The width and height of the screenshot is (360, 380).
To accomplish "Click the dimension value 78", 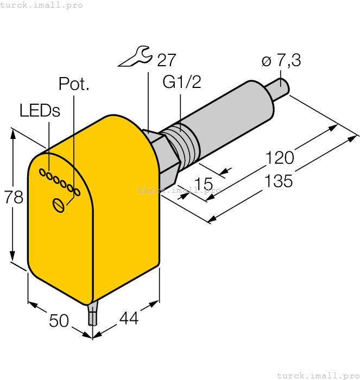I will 14,198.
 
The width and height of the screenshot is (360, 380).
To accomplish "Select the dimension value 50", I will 59,321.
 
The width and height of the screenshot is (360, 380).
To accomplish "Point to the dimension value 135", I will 279,181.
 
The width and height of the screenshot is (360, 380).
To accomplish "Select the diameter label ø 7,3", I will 281,61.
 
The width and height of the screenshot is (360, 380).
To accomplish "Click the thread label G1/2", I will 182,82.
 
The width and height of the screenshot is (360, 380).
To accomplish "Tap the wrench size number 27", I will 167,60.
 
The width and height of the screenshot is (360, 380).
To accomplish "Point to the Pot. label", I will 74,84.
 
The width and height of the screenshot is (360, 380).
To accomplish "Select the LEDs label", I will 40,110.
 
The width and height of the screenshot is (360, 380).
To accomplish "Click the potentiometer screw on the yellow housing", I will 59,204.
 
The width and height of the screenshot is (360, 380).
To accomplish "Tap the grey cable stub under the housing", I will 93,315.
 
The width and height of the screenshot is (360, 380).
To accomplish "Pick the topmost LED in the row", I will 42,172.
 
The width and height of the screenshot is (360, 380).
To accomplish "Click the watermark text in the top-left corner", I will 42,5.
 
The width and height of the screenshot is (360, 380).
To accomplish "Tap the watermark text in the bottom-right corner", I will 318,375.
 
